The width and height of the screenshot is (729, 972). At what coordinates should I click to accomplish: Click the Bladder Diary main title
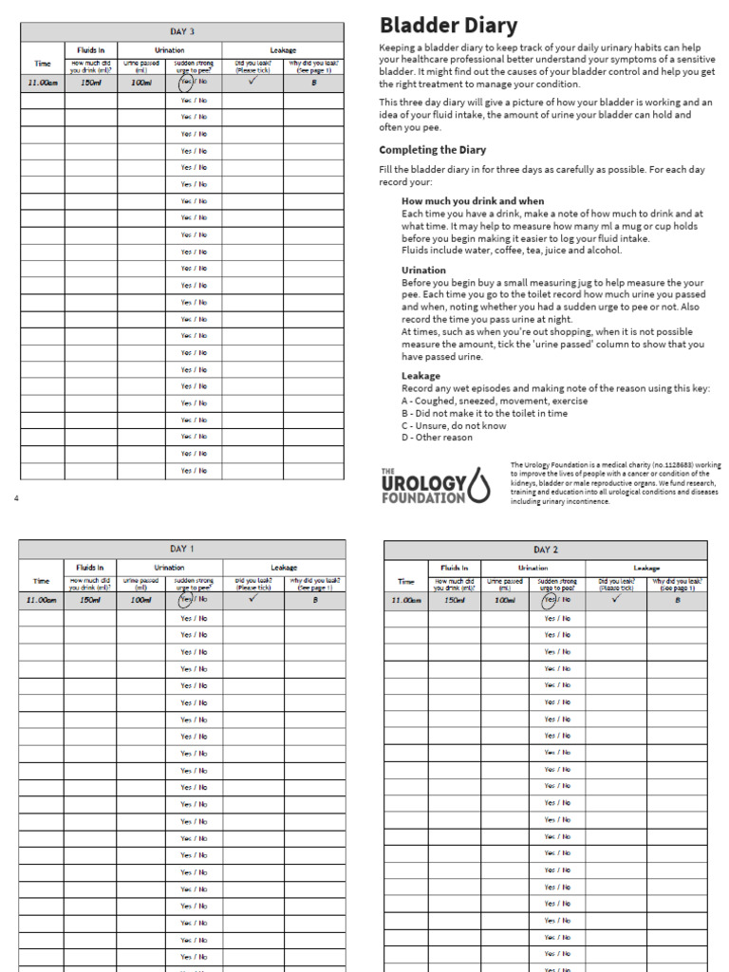coord(448,26)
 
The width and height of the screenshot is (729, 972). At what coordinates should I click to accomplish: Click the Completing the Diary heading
coord(432,150)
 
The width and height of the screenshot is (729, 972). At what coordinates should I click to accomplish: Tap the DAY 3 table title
coord(182,32)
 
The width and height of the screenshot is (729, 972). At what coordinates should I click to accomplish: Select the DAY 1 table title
coord(181,549)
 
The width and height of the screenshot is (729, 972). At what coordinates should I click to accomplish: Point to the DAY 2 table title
coord(545,550)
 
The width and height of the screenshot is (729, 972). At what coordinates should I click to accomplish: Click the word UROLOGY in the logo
coord(422,482)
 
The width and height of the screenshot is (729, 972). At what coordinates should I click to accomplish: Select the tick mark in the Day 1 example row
coord(252,599)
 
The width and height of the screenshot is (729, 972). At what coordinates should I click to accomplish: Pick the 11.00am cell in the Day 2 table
coord(406,600)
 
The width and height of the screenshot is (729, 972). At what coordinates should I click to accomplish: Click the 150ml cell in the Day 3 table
coord(91,84)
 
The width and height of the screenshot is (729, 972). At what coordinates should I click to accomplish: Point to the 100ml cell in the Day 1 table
coord(141,600)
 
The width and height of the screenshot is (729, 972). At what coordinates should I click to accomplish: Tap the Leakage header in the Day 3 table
coord(283,50)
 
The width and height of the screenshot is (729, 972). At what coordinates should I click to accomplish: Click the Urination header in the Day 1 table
coord(169,568)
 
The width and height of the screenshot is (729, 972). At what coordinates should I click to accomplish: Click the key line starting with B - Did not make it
coord(484,413)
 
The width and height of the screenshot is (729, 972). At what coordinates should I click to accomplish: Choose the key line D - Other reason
coord(437,438)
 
